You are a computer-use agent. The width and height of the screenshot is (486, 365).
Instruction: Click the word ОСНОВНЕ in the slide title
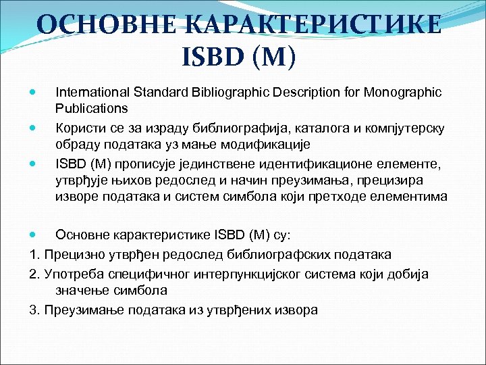(x=98, y=25)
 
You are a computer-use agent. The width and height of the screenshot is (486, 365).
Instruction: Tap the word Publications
(x=91, y=107)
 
